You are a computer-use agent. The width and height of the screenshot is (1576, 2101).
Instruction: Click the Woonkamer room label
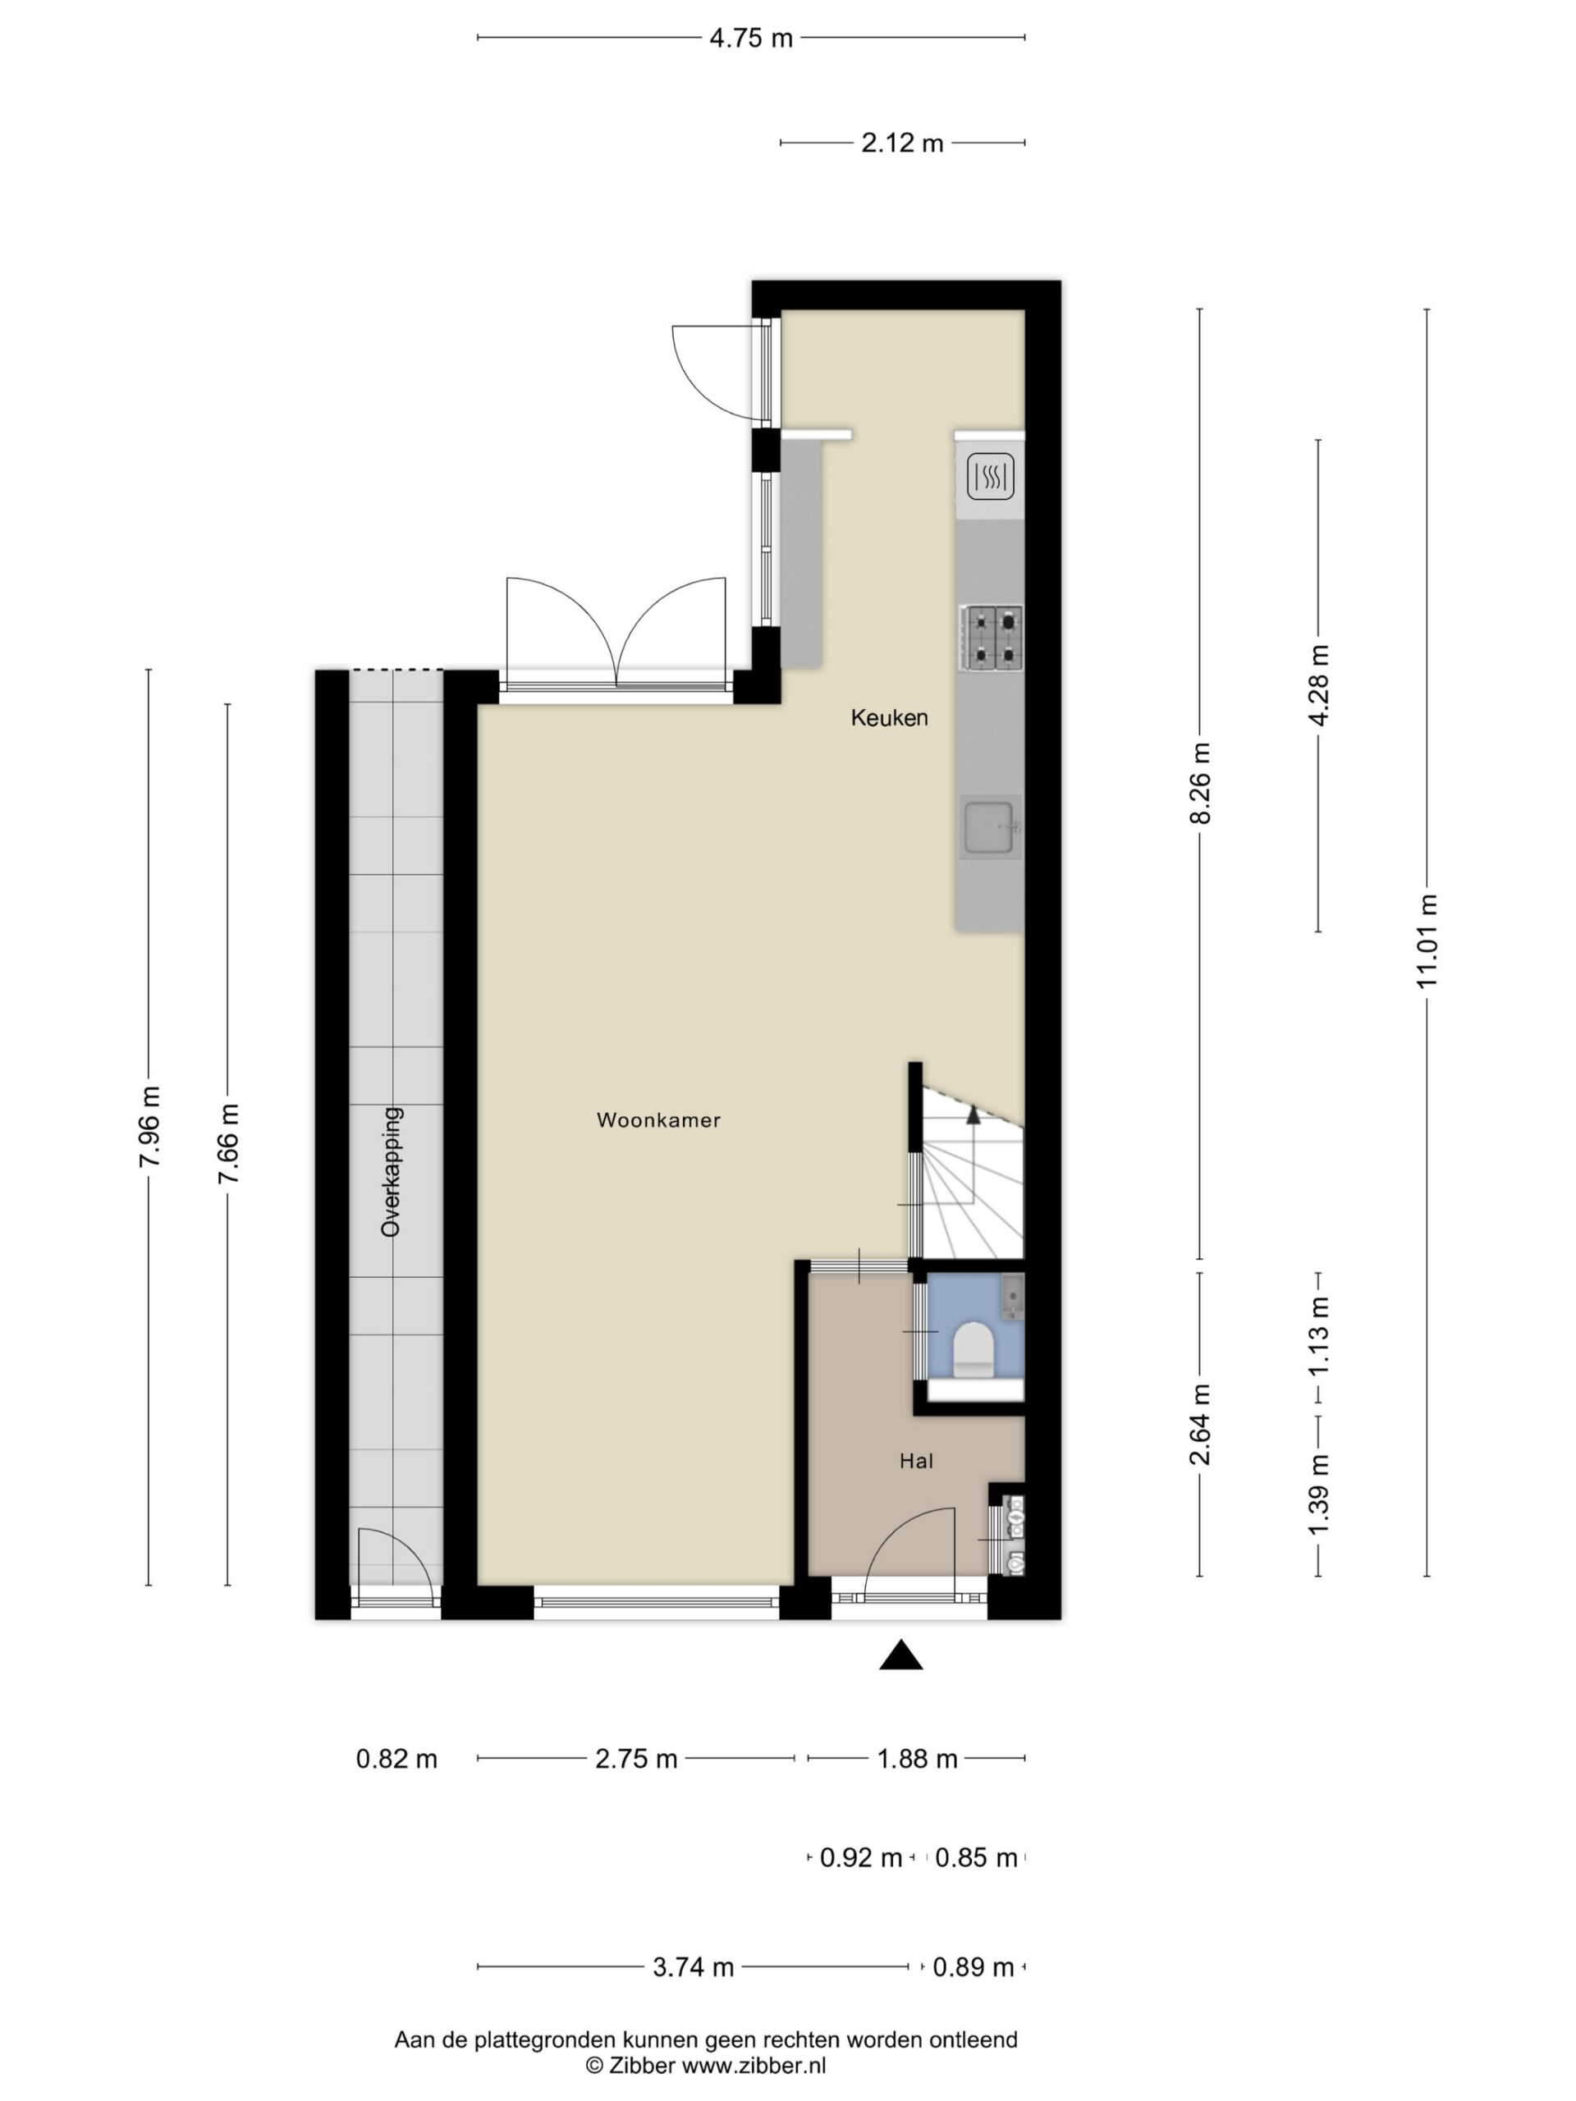point(658,1119)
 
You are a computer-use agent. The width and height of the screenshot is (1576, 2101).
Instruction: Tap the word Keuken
point(889,718)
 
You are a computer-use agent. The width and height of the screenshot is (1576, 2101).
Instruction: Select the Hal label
point(916,1461)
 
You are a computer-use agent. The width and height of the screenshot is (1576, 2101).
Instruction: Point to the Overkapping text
point(391,1172)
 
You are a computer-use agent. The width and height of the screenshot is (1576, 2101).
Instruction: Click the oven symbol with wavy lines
point(991,477)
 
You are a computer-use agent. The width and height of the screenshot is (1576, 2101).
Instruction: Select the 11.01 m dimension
point(1427,941)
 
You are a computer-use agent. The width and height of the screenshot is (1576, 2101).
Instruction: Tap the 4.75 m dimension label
point(750,39)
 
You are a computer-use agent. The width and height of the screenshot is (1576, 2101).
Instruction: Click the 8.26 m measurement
point(1201,785)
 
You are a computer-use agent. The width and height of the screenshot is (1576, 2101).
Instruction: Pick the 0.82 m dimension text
point(396,1759)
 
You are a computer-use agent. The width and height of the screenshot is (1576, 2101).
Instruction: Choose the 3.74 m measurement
point(693,1967)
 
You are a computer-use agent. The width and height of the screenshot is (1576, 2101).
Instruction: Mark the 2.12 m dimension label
point(901,144)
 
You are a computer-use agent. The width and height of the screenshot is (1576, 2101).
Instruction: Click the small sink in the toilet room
point(1013,1297)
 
